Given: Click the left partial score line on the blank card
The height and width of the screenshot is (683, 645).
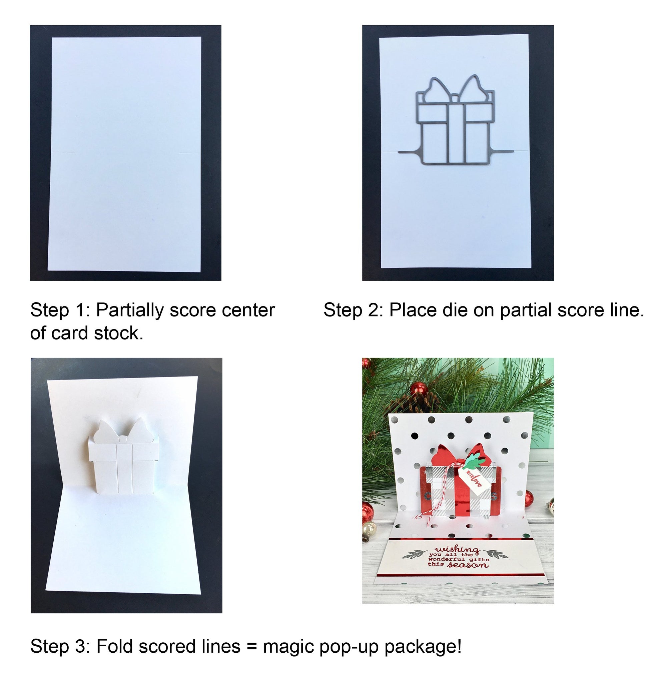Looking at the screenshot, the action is pos(63,152).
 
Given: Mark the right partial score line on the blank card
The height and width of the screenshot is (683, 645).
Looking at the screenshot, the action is pos(189,153).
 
